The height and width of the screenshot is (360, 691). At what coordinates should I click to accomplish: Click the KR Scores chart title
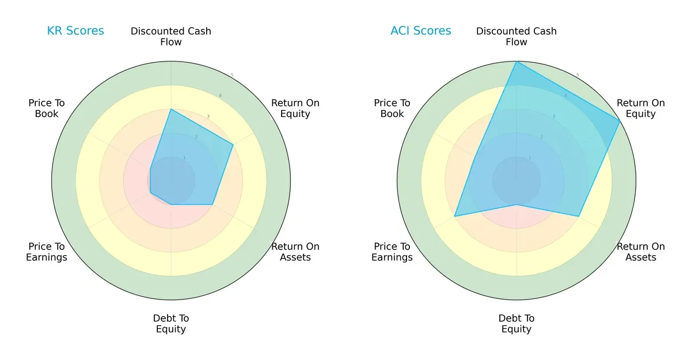(x=75, y=31)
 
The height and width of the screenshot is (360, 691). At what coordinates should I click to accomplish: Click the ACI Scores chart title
(x=421, y=31)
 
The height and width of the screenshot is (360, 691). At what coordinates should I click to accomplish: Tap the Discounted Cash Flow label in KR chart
(x=171, y=36)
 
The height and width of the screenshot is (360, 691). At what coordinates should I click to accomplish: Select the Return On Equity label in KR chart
(x=295, y=108)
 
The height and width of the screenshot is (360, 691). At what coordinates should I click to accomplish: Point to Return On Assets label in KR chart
(x=295, y=252)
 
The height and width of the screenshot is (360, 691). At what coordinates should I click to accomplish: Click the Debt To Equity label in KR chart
(x=171, y=324)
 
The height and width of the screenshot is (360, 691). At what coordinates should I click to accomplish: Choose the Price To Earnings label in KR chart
(x=47, y=252)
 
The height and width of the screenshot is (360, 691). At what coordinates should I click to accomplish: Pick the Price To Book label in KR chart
(x=47, y=108)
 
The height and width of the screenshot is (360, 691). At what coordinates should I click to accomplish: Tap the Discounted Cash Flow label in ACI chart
(x=517, y=36)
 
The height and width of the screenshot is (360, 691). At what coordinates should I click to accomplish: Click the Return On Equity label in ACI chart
(x=641, y=108)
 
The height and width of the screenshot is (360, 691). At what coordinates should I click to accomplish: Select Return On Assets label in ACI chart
(x=641, y=252)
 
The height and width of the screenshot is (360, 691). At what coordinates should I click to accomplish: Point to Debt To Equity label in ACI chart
(x=517, y=324)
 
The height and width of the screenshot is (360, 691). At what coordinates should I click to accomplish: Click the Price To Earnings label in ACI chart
(x=392, y=252)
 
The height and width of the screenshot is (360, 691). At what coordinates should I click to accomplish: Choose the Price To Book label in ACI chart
(x=392, y=108)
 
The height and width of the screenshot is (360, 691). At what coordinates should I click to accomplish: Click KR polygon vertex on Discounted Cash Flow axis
(x=171, y=109)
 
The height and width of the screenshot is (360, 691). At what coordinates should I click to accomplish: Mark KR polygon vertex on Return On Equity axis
(x=233, y=145)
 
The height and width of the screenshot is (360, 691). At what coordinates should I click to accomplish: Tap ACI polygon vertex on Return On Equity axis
(x=620, y=121)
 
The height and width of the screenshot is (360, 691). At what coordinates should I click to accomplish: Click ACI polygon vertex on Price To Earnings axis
(x=454, y=217)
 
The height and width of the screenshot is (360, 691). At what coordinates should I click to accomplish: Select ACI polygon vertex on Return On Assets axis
(x=579, y=217)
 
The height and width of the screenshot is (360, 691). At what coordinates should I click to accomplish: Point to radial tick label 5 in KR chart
(x=231, y=75)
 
